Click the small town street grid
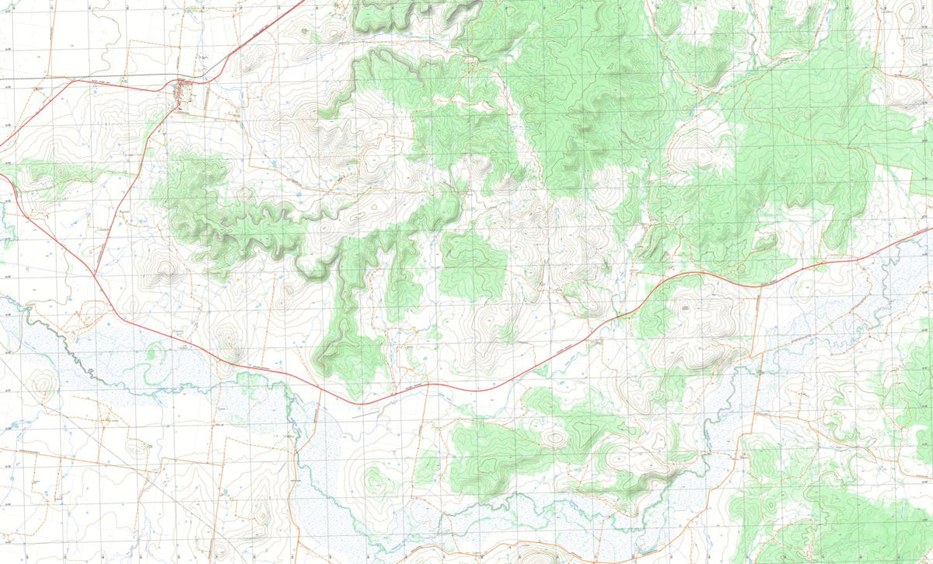coord(185,92)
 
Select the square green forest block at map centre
coord(472,265)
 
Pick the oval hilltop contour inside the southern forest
coord(555,437)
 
